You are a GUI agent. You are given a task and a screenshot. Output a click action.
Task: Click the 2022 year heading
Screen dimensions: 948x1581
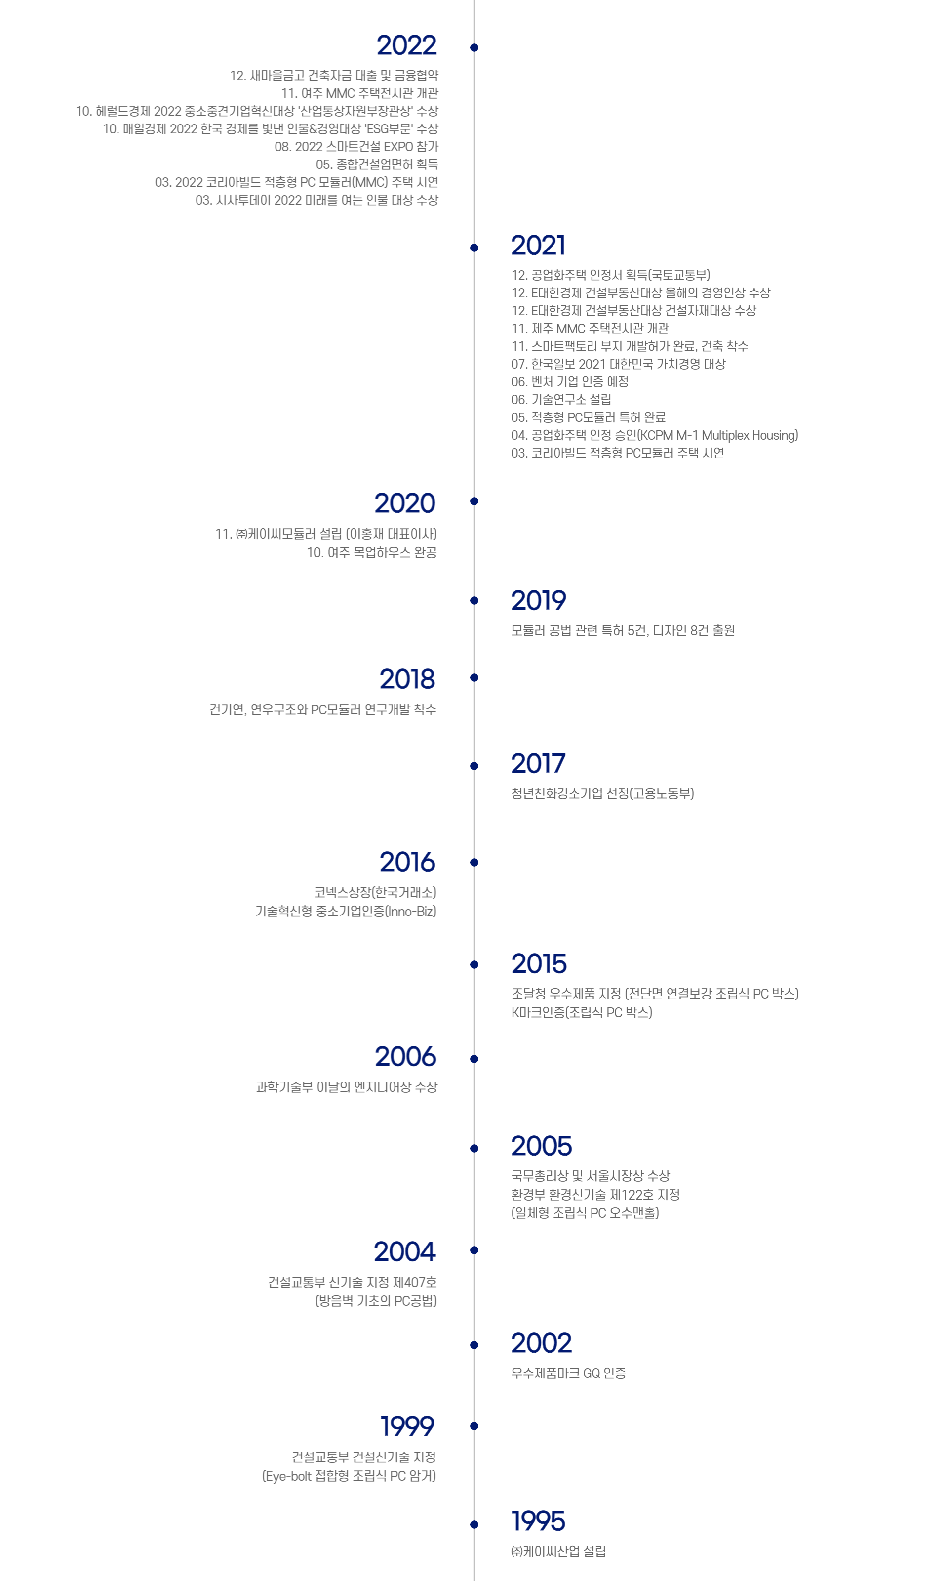point(406,45)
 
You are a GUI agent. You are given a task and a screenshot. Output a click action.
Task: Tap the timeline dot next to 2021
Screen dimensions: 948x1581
point(474,248)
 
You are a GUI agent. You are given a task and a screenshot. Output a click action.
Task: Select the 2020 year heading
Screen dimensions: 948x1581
point(405,503)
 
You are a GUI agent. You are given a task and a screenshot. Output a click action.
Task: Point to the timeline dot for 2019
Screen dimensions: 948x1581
point(474,600)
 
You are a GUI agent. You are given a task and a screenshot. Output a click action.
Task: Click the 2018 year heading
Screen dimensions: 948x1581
point(407,679)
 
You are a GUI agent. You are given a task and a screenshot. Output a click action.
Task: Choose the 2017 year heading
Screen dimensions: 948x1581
point(538,763)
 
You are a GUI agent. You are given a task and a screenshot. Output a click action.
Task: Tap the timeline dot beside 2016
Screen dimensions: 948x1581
point(474,862)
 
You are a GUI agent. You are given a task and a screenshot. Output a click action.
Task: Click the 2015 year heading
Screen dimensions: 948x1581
point(539,964)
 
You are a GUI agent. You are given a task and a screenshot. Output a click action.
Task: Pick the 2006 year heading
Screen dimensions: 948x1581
point(406,1056)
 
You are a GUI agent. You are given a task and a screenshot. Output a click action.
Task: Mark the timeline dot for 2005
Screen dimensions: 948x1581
point(474,1148)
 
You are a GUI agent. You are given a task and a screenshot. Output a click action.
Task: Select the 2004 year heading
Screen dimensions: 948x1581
point(405,1251)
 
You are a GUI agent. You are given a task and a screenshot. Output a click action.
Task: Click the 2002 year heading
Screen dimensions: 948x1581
point(541,1343)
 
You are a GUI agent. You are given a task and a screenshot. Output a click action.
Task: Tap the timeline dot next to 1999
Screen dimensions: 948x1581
point(474,1426)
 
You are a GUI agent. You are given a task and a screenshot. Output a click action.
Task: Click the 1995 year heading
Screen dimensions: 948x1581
point(538,1521)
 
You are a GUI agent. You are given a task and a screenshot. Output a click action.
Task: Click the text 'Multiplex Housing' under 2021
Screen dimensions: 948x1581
point(750,435)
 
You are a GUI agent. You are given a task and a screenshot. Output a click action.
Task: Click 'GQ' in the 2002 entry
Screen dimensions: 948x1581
point(592,1373)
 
